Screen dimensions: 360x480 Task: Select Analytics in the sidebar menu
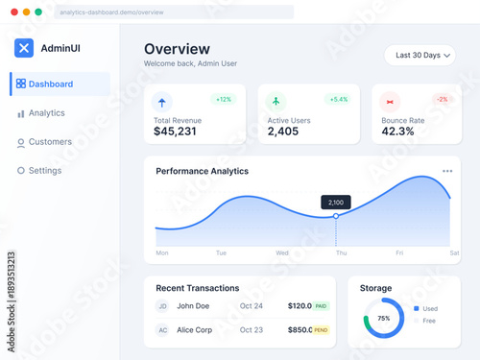(46, 113)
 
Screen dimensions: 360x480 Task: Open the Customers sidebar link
(50, 142)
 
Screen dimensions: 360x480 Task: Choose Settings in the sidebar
(44, 171)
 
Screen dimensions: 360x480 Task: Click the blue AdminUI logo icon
(24, 48)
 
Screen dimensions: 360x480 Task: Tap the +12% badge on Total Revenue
(224, 99)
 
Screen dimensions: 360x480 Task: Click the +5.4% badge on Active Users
(338, 99)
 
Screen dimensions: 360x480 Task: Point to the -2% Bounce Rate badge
(442, 99)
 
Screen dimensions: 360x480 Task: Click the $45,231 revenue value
(175, 132)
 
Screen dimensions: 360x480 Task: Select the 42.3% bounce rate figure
(397, 132)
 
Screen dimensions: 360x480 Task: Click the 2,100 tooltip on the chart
(336, 202)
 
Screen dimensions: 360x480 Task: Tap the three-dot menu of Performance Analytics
(447, 171)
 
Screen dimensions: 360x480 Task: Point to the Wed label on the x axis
(282, 253)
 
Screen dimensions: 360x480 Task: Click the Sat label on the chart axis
(453, 253)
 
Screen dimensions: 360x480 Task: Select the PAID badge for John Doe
(321, 306)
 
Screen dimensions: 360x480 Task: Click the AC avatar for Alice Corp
(162, 330)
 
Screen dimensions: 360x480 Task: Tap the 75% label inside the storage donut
(383, 318)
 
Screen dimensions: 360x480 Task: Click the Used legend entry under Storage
(427, 308)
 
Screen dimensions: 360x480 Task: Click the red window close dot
(12, 12)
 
